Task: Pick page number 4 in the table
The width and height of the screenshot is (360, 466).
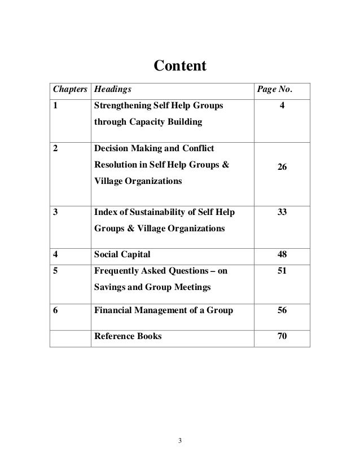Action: (x=281, y=105)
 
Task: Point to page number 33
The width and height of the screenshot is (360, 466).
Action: (x=281, y=213)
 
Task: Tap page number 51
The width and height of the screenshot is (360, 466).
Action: (x=281, y=271)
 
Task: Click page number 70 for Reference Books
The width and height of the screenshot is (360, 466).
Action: (x=281, y=337)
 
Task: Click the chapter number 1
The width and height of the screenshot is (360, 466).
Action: (x=56, y=105)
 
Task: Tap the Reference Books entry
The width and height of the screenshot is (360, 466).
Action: (x=128, y=337)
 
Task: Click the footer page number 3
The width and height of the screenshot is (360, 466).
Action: (x=180, y=440)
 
